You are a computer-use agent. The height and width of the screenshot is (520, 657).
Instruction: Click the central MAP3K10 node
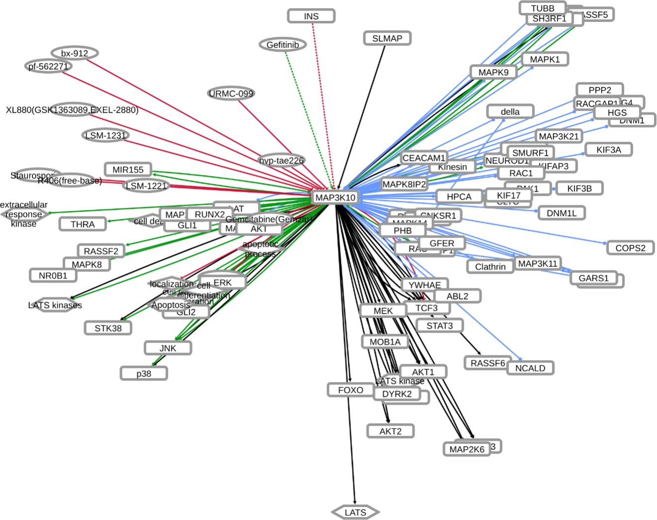[x=335, y=197]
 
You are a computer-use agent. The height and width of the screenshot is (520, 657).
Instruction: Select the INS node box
[x=311, y=16]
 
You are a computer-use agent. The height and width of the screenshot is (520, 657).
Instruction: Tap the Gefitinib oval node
[x=283, y=45]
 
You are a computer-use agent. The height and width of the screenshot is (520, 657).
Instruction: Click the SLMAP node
[x=387, y=38]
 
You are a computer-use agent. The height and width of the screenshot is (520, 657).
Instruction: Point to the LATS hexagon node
[x=355, y=512]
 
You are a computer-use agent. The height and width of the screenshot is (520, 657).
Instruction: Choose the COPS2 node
[x=630, y=248]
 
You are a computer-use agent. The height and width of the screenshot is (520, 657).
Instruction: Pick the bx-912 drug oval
[x=75, y=53]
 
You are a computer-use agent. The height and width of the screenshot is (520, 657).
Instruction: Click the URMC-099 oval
[x=231, y=93]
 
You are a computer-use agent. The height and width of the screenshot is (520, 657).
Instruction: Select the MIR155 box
[x=128, y=170]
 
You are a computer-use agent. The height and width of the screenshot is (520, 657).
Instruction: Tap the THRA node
[x=82, y=224]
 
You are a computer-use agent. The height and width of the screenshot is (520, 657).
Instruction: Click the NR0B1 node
[x=53, y=275]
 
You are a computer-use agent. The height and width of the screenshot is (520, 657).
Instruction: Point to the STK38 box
[x=108, y=328]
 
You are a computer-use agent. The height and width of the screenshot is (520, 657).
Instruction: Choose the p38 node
[x=144, y=373]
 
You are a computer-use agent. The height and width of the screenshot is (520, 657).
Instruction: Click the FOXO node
[x=350, y=390]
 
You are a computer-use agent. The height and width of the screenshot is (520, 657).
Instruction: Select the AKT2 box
[x=390, y=431]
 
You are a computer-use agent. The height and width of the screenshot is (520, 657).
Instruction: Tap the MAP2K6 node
[x=467, y=449]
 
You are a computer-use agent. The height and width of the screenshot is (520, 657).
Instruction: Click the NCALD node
[x=530, y=368]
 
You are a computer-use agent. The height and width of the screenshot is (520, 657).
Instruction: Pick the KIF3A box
[x=608, y=150]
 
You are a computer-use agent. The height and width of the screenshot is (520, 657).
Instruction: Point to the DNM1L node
[x=562, y=213]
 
